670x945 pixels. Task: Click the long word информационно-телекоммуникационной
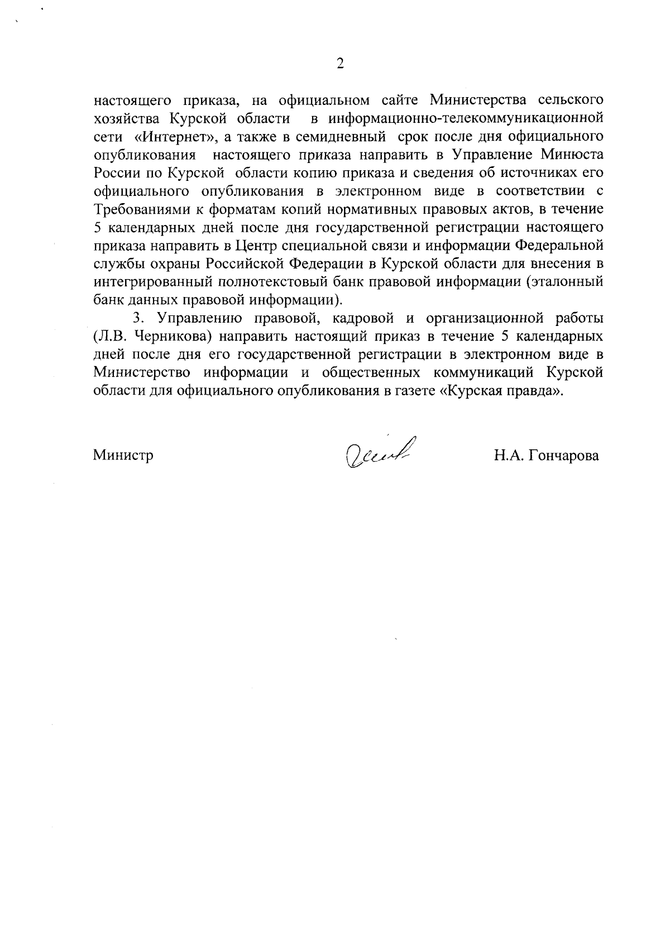click(x=466, y=118)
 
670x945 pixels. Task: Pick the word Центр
click(x=254, y=245)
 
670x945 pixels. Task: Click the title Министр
click(x=123, y=455)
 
